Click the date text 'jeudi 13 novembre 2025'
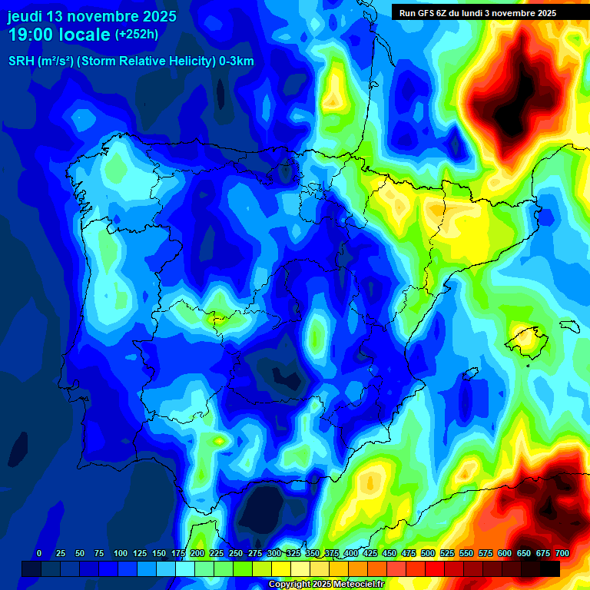pos(91,16)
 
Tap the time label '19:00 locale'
pos(59,35)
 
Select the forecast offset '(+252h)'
pos(138,35)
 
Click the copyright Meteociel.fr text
pos(326,585)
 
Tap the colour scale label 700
pos(562,553)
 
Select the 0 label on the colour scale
pos(39,553)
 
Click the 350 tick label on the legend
pos(313,553)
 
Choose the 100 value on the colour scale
pos(120,553)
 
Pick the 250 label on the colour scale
pos(236,553)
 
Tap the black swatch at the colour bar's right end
pos(550,568)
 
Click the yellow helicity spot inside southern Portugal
pos(220,441)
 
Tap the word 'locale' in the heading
pos(85,35)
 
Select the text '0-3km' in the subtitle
pos(236,61)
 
